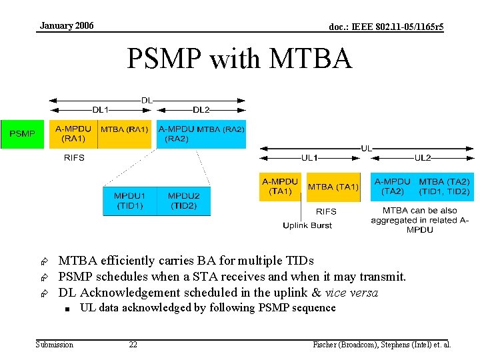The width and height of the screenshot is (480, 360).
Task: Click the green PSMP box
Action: [23, 134]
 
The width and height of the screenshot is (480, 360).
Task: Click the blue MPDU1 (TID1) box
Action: [129, 201]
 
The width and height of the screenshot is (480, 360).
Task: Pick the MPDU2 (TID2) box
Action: [183, 201]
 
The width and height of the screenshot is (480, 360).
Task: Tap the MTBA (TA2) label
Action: [444, 186]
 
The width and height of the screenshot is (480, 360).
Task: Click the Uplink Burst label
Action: [307, 225]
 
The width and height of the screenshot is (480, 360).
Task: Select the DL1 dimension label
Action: [101, 109]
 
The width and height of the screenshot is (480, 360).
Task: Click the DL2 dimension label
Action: [201, 109]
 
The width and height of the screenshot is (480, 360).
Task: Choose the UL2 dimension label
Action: [423, 158]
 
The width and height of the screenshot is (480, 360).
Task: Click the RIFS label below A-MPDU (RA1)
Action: [74, 158]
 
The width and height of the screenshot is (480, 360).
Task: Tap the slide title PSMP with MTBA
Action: [239, 59]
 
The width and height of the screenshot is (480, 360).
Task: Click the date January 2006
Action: [67, 26]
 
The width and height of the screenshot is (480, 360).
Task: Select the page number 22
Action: [133, 345]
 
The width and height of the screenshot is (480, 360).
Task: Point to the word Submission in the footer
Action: [55, 345]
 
